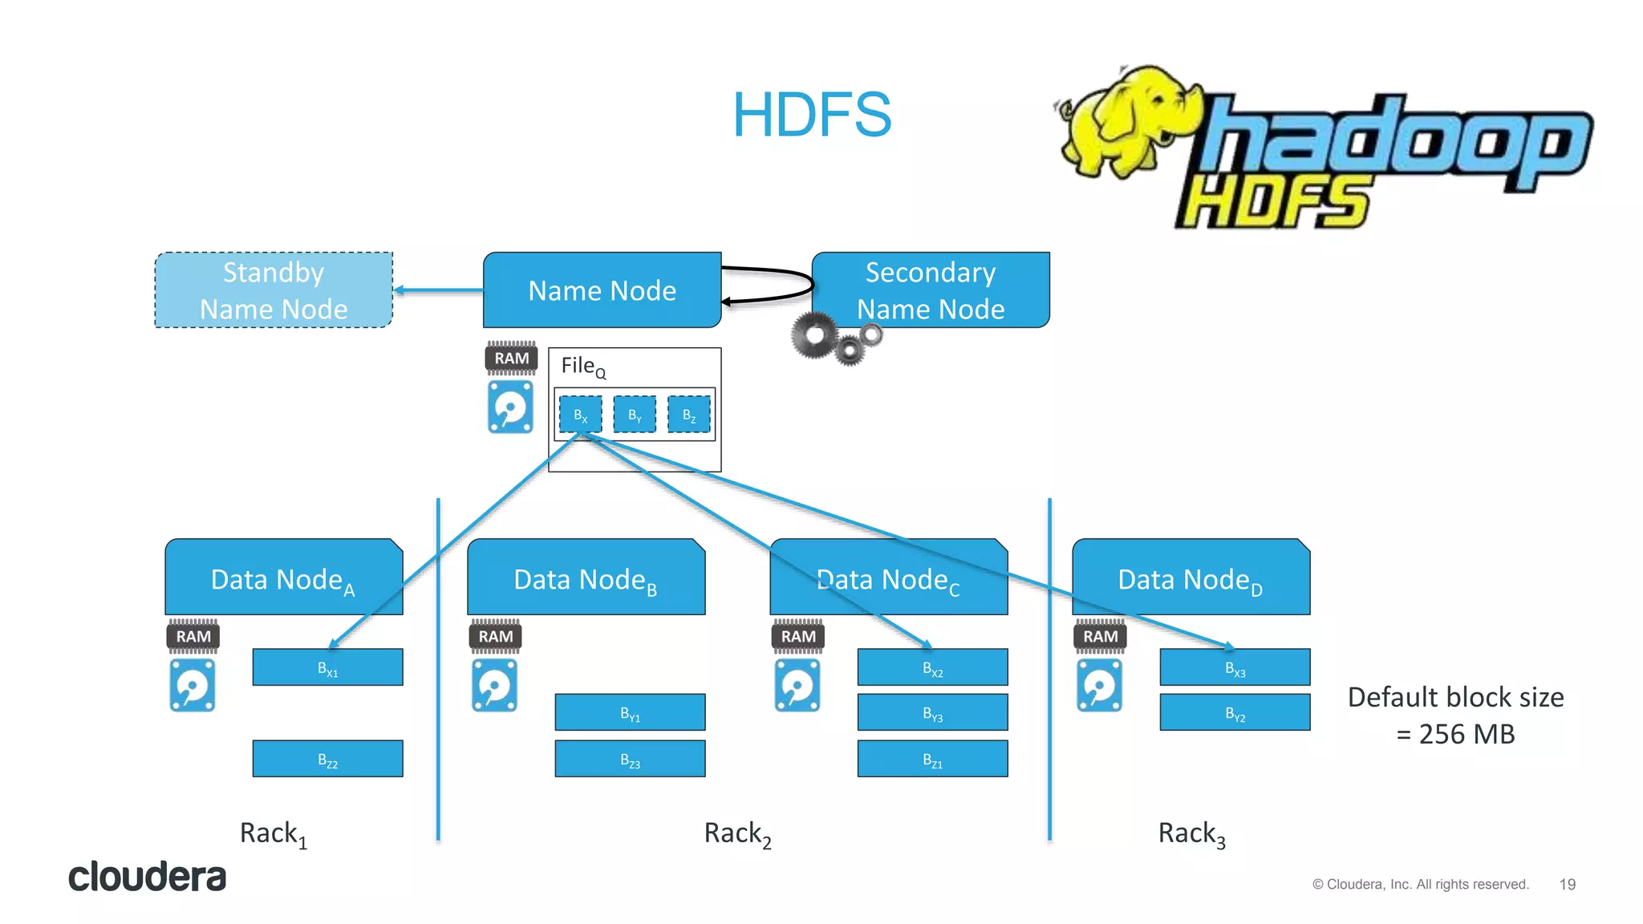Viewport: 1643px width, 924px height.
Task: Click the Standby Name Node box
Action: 274,290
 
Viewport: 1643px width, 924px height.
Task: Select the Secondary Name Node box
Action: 931,290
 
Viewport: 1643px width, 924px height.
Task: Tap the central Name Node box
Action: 602,290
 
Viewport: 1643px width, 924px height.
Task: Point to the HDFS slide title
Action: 812,115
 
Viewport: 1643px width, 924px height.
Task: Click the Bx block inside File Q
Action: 580,415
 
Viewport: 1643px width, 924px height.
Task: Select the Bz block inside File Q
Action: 689,415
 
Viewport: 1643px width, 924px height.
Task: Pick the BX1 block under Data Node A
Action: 327,667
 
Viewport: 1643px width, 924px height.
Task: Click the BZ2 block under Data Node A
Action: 327,759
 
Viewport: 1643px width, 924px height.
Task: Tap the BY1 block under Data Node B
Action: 630,712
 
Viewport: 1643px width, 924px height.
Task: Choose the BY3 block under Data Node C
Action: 932,712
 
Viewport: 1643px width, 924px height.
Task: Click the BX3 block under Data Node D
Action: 1235,667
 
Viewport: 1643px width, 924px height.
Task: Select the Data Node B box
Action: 586,577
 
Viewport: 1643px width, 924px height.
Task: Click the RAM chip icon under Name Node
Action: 511,358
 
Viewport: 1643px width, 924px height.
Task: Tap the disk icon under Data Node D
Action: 1099,686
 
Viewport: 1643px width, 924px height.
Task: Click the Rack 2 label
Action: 737,834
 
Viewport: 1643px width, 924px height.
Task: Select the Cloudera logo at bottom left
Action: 147,877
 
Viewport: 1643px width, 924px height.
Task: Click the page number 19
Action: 1568,884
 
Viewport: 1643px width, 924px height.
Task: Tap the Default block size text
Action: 1455,715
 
